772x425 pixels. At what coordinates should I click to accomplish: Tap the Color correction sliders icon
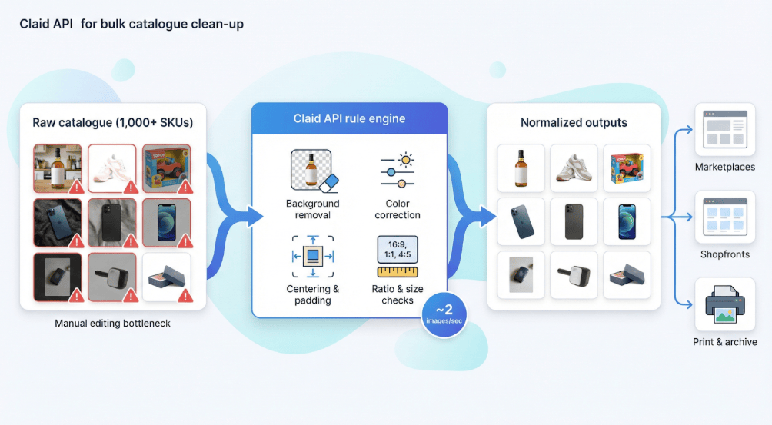(x=398, y=171)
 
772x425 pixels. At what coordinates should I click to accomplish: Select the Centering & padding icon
(x=314, y=255)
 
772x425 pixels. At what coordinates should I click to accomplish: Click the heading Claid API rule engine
(x=349, y=118)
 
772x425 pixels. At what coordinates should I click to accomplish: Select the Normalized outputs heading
(x=574, y=122)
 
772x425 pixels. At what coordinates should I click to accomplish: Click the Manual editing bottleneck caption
(x=113, y=324)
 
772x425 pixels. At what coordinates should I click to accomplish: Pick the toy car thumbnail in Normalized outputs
(x=627, y=168)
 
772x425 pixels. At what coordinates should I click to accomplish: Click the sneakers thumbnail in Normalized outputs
(x=574, y=168)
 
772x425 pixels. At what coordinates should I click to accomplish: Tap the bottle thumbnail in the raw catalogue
(x=57, y=168)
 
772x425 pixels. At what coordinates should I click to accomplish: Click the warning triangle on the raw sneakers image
(x=130, y=187)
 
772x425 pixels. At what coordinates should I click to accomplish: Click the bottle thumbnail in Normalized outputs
(x=521, y=168)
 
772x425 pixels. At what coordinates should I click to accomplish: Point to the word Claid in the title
(x=34, y=25)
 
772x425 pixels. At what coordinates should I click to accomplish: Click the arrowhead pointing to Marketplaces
(x=687, y=130)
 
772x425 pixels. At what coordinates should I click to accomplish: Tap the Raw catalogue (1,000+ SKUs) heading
(x=113, y=122)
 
